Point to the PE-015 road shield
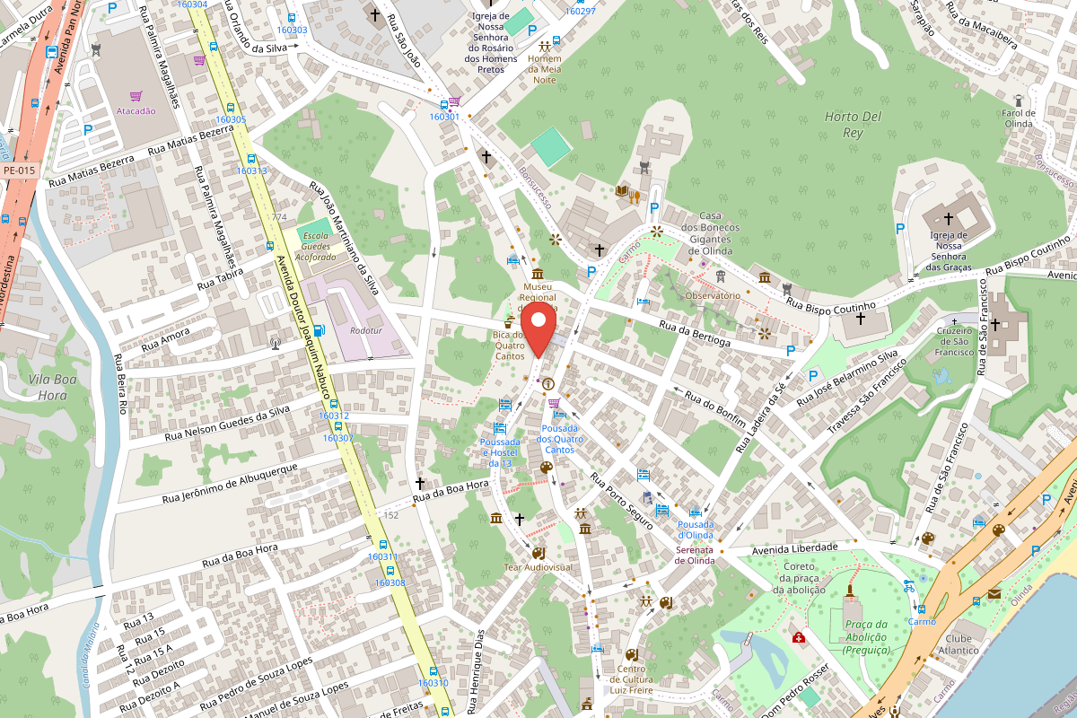pyautogui.click(x=19, y=170)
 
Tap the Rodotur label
pyautogui.click(x=366, y=330)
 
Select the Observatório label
pyautogui.click(x=712, y=295)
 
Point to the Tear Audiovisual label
pyautogui.click(x=538, y=567)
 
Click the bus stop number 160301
pyautogui.click(x=444, y=117)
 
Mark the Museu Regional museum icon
pyautogui.click(x=537, y=274)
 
